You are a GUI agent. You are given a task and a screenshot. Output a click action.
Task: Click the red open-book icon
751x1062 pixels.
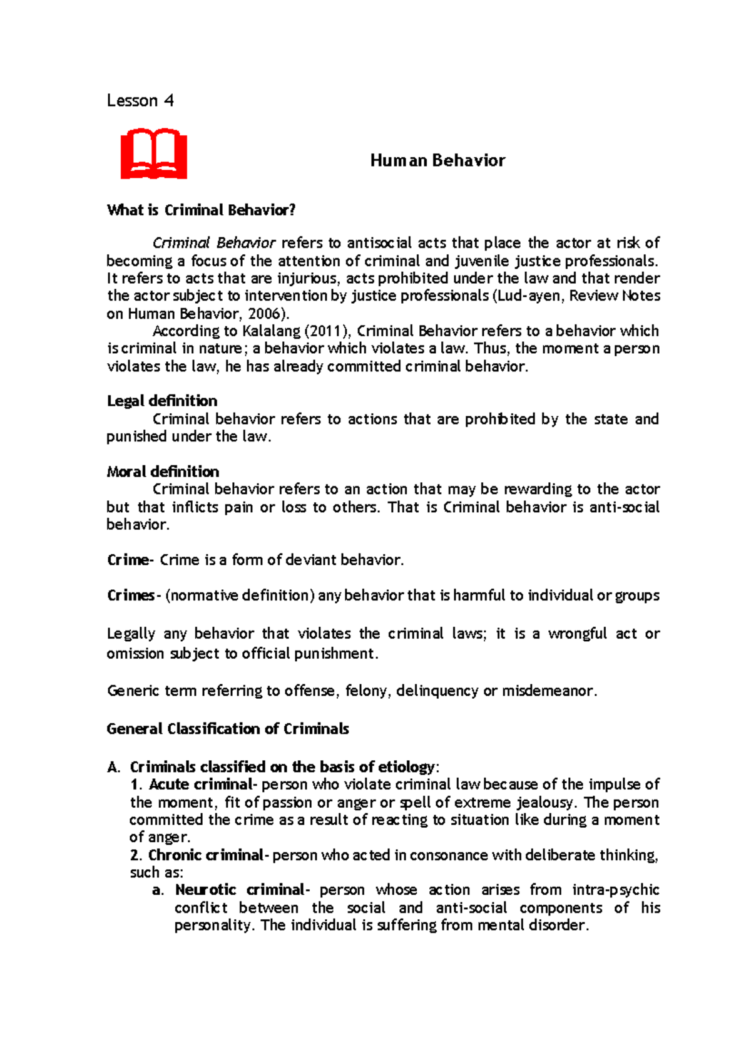[x=153, y=154]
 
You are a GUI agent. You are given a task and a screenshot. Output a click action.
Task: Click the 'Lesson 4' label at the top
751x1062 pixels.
[x=140, y=101]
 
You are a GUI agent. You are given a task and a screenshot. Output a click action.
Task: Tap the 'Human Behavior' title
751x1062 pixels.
[x=437, y=161]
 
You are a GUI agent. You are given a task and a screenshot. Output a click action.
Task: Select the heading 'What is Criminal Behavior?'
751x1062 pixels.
[x=201, y=210]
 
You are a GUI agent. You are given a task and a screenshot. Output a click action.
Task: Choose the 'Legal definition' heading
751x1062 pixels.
[x=162, y=401]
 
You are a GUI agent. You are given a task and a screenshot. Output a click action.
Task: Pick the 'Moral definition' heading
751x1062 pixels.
[x=163, y=472]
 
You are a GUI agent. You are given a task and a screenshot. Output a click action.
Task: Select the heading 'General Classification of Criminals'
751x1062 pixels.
[x=228, y=729]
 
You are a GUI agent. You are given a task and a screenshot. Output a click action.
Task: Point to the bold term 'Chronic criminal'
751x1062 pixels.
[x=206, y=855]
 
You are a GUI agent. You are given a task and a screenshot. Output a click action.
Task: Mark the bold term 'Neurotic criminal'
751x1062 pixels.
[x=240, y=890]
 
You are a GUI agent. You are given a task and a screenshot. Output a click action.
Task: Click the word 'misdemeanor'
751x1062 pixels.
[x=548, y=691]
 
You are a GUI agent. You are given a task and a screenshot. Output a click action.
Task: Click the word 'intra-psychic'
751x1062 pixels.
[x=616, y=890]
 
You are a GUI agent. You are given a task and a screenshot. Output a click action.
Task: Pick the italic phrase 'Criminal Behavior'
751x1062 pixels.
[x=214, y=243]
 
